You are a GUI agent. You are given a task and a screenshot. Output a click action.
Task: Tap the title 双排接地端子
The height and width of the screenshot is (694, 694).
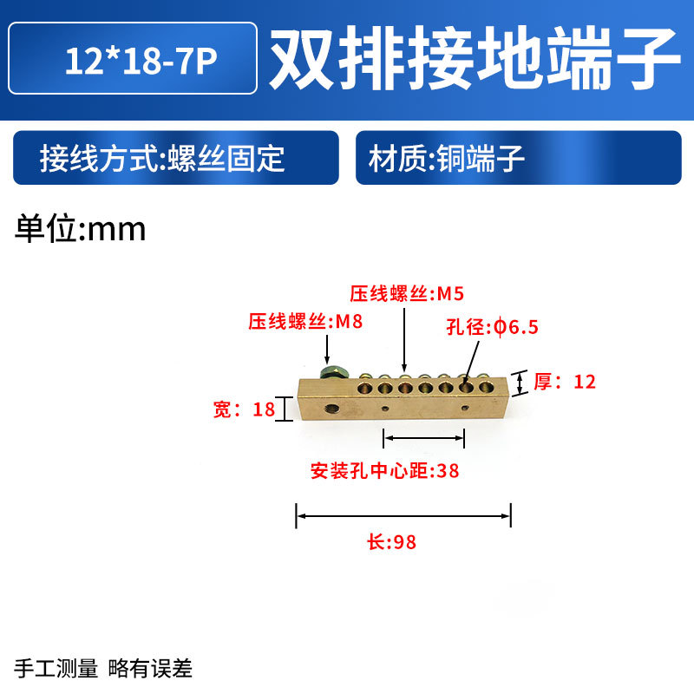[474, 59]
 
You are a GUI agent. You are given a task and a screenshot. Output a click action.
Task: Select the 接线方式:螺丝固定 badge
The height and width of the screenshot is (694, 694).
[175, 158]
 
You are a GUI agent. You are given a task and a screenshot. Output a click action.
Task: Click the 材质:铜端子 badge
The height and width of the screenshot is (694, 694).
[518, 158]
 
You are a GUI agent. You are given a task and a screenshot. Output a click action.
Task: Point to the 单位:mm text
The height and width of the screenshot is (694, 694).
[81, 228]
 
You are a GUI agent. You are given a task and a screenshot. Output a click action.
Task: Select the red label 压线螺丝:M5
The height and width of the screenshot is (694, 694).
[401, 293]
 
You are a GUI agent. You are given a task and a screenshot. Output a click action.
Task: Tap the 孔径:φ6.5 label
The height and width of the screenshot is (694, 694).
[493, 327]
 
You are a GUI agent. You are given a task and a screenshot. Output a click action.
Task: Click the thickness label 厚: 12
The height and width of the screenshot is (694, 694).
[565, 381]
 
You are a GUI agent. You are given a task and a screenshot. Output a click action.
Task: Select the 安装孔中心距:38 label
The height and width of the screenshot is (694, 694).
[384, 471]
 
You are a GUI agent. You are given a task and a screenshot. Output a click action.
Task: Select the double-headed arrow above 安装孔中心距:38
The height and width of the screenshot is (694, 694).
[424, 439]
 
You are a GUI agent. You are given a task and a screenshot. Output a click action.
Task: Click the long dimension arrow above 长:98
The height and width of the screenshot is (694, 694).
[403, 517]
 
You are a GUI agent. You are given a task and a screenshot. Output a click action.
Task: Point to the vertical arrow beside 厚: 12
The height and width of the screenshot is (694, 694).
[520, 382]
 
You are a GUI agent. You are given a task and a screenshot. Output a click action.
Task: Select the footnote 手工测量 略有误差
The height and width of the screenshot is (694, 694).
[104, 668]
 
